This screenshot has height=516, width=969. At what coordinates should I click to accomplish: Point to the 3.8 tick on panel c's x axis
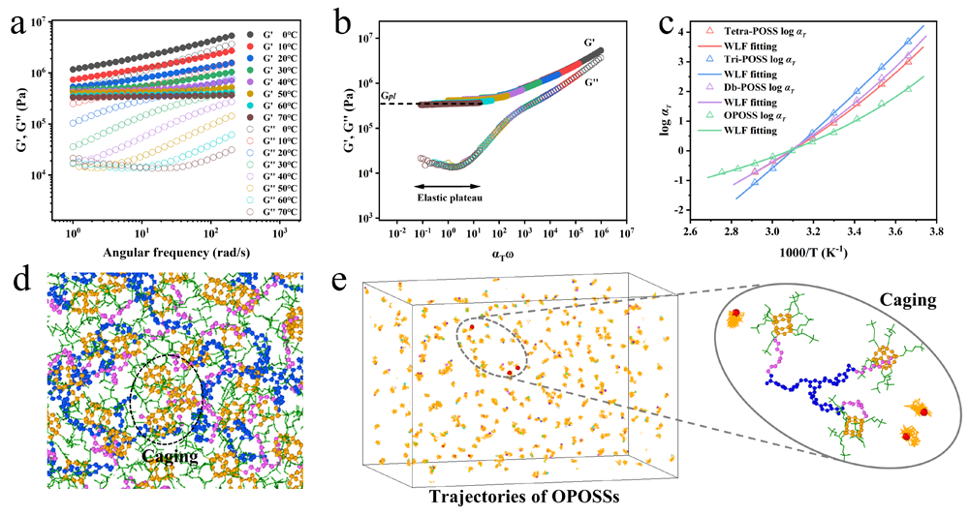click(x=932, y=233)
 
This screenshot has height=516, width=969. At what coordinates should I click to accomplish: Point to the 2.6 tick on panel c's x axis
click(x=690, y=233)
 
